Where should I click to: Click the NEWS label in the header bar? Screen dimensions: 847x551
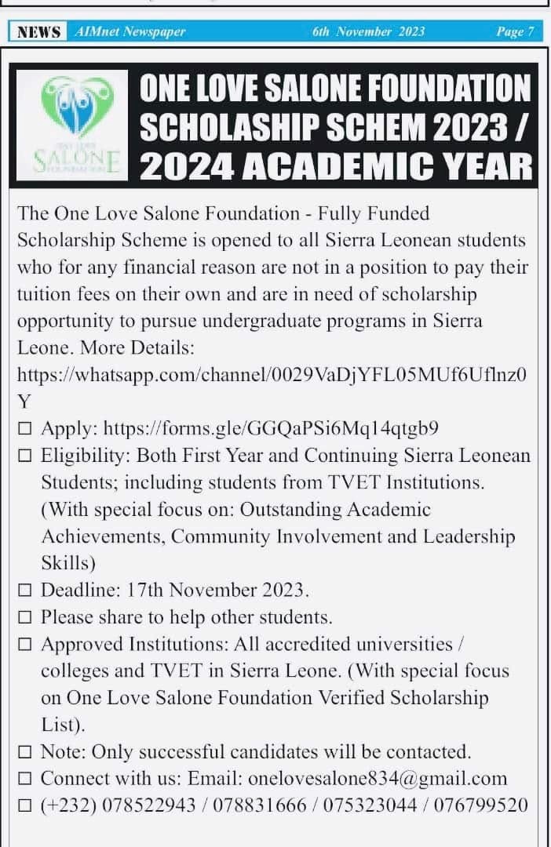38,31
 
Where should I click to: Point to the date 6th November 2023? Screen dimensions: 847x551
368,31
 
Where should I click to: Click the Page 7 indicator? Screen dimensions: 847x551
515,31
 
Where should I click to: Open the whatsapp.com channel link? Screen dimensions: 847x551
272,374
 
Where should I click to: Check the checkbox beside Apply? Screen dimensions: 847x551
25,429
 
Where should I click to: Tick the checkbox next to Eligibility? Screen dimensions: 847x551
25,456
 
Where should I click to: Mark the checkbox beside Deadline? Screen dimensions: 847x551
25,590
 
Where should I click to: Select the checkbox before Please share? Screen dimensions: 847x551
25,617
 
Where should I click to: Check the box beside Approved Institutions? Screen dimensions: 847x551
25,645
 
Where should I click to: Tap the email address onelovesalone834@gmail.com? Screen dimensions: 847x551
378,779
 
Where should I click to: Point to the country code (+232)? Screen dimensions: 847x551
68,805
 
